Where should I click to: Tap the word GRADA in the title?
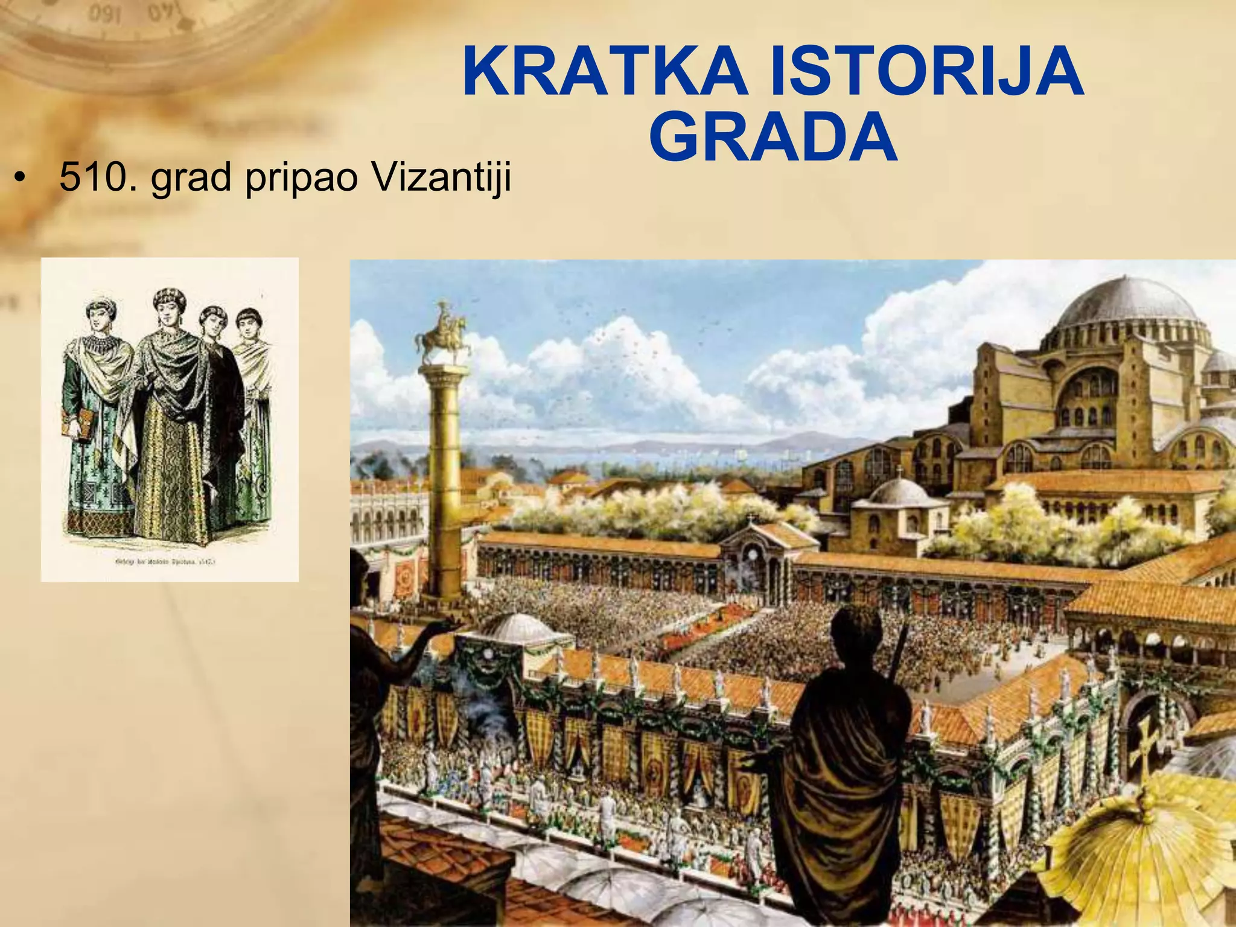click(773, 140)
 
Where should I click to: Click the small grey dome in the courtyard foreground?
click(518, 629)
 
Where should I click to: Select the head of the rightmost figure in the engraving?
click(246, 320)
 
